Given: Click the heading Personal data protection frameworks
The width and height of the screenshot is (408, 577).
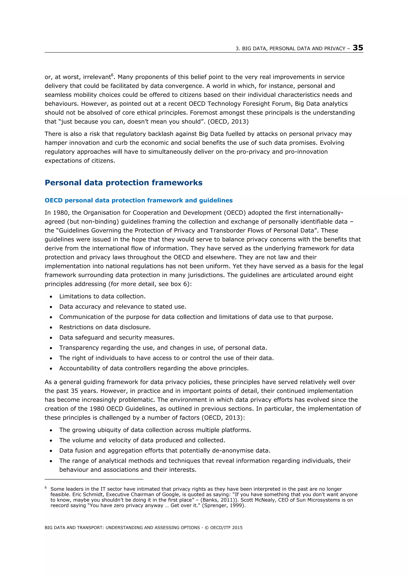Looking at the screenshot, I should click(124, 182).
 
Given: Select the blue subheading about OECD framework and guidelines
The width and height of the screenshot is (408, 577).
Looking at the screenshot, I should click(138, 200).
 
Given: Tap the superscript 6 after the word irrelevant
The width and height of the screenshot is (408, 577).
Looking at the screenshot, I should click(112, 75).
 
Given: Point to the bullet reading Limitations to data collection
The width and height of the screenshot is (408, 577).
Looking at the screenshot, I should click(102, 296).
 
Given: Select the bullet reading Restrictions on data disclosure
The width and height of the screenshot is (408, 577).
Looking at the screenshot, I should click(105, 327).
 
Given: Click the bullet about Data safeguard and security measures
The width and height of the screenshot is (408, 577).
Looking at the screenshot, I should click(117, 338).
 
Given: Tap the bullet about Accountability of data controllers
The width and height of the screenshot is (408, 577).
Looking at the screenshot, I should click(154, 368).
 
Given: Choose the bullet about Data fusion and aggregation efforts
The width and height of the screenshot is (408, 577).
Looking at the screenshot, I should click(165, 451).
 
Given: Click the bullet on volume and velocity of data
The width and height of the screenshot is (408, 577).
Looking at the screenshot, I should click(142, 440).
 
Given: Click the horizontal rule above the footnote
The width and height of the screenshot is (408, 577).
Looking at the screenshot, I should click(94, 479).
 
